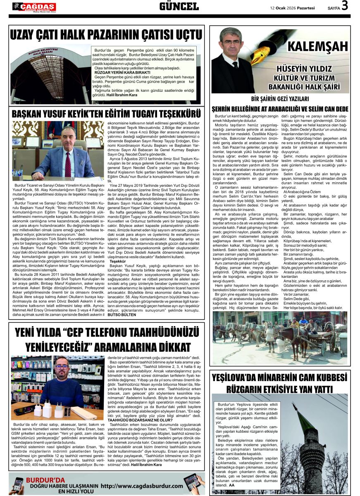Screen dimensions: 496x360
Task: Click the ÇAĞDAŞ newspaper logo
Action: pyautogui.click(x=34, y=7)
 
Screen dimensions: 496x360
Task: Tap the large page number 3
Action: pyautogui.click(x=345, y=6)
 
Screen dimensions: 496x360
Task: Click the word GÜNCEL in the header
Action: pyautogui.click(x=179, y=6)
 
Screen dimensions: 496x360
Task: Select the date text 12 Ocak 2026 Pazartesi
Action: pyautogui.click(x=293, y=7)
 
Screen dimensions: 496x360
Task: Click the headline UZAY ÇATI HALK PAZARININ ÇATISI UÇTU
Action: pyautogui.click(x=106, y=34)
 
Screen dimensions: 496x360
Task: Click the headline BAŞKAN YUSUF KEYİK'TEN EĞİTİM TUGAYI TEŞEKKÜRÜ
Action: pyautogui.click(x=106, y=114)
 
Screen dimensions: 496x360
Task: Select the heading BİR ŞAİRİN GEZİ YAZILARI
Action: pyautogui.click(x=280, y=99)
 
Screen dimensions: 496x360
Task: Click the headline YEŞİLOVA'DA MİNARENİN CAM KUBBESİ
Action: pyautogui.click(x=279, y=378)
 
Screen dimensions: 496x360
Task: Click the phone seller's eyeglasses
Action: pyautogui.click(x=61, y=367)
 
